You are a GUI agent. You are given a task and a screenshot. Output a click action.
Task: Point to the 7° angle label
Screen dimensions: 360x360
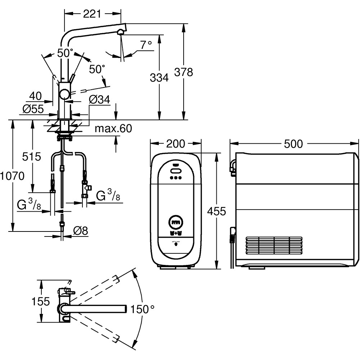coord(146,45)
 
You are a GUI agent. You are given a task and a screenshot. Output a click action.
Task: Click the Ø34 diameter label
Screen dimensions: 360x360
coord(99,100)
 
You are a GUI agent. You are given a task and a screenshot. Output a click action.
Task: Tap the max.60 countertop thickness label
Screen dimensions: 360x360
coord(113,129)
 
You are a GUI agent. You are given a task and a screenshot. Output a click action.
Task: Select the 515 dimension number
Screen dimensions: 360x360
coord(32,157)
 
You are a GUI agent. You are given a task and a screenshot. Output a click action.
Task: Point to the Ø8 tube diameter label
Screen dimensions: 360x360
coord(81,231)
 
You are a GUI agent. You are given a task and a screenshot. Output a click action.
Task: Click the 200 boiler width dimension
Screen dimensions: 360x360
coord(176,144)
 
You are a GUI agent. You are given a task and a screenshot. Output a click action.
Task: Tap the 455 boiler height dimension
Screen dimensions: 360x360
coord(216,211)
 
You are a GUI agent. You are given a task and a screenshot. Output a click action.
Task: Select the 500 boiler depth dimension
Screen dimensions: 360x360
coord(293,144)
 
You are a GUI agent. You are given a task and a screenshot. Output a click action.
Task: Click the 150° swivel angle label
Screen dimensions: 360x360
coord(142,309)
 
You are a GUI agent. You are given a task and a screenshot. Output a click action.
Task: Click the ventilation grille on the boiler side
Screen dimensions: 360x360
coord(274,246)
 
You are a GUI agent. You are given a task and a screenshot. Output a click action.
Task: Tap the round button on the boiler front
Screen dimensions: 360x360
coord(176,222)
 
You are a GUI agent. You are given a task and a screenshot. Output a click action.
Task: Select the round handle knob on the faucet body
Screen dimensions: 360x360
coord(65,95)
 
